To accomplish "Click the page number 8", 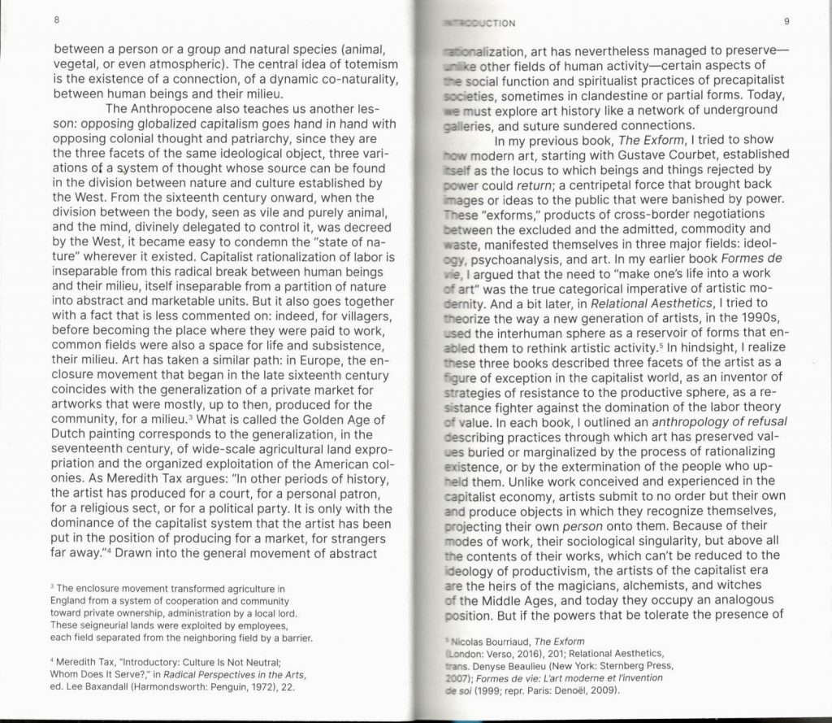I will tap(58, 20).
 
